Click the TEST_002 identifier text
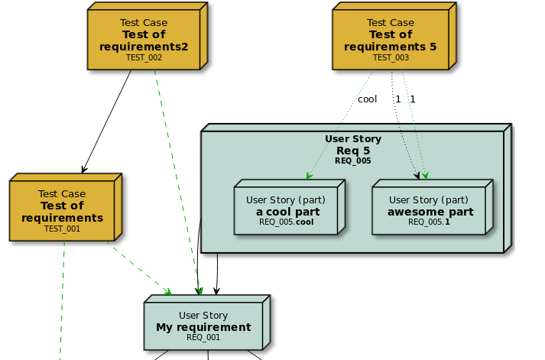click(x=144, y=57)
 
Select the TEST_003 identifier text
click(x=391, y=57)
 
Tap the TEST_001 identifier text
click(x=62, y=229)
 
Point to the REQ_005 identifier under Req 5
click(x=352, y=161)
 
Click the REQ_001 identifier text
click(x=203, y=337)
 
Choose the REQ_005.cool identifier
click(x=287, y=222)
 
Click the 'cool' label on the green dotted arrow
click(x=367, y=99)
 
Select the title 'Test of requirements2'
click(x=144, y=41)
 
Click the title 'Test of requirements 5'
click(x=391, y=41)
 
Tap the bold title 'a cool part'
click(x=287, y=212)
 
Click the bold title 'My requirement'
click(x=203, y=327)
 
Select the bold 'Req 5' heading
click(x=352, y=151)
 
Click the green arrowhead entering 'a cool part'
click(x=310, y=177)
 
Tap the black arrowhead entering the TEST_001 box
click(x=83, y=169)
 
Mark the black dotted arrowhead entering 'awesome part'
click(x=417, y=176)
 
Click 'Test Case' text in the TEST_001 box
click(x=62, y=194)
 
